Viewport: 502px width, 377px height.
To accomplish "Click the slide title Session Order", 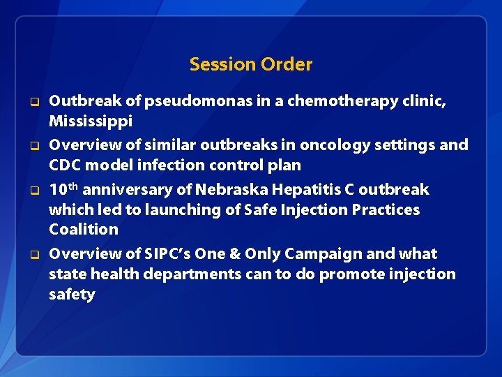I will [x=251, y=64].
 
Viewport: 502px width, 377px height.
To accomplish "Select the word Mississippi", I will [x=90, y=121].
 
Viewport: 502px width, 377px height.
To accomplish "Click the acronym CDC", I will [x=65, y=165].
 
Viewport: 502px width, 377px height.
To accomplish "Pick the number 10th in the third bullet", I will [x=63, y=189].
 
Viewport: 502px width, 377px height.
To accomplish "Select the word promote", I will [x=350, y=274].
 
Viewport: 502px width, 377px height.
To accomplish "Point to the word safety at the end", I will [x=72, y=294].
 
